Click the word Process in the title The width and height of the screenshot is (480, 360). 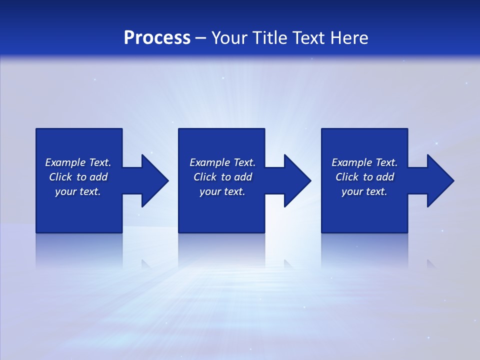click(x=157, y=38)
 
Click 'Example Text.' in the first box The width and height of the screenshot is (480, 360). click(x=78, y=162)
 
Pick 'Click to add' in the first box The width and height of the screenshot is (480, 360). click(x=78, y=177)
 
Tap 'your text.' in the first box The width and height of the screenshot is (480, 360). click(x=78, y=191)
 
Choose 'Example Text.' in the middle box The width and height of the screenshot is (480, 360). click(x=222, y=162)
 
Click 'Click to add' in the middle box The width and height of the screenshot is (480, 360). click(x=222, y=177)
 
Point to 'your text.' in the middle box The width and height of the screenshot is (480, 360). click(x=222, y=191)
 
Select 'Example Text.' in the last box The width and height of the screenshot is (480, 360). click(x=364, y=162)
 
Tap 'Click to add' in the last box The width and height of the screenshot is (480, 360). click(x=364, y=177)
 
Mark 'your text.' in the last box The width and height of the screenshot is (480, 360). click(x=364, y=191)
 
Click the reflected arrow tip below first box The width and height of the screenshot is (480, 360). click(x=146, y=263)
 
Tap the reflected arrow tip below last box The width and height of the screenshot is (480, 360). click(x=431, y=263)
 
